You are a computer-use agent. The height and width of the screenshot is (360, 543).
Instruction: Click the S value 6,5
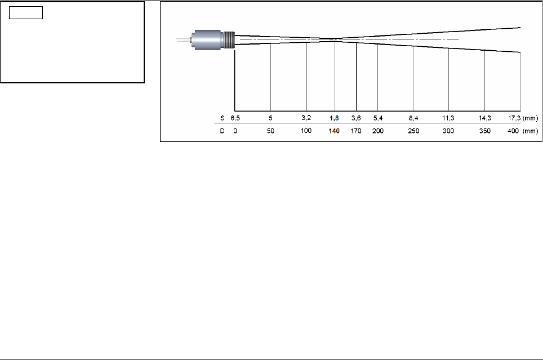tap(235, 118)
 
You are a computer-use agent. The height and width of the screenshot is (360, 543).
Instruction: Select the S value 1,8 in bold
tap(334, 118)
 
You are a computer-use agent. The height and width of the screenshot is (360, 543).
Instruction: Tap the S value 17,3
tap(514, 118)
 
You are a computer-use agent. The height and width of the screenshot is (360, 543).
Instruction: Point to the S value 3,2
tap(306, 118)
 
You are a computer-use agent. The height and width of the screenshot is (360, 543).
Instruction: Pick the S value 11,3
tap(448, 118)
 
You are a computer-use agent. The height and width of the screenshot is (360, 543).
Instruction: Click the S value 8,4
tap(413, 118)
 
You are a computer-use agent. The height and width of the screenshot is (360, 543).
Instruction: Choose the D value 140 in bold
tap(334, 131)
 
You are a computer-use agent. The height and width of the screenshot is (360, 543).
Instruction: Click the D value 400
tap(513, 131)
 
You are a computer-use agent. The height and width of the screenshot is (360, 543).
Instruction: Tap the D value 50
tap(270, 131)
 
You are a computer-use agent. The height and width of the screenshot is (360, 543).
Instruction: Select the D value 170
tap(356, 131)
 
